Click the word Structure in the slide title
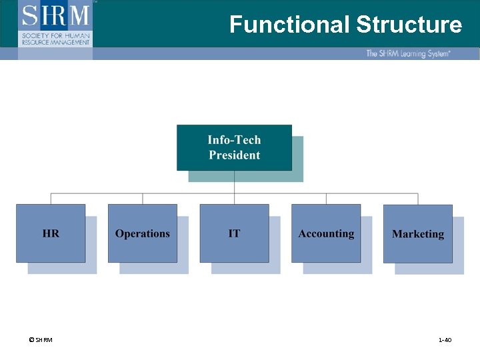pos(409,25)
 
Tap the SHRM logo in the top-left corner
pos(55,15)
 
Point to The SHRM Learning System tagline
pos(407,53)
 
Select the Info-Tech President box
pos(234,147)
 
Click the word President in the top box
pos(234,155)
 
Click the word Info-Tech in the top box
pos(234,140)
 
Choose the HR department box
pos(51,233)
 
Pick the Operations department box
pos(142,233)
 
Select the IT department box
pos(234,233)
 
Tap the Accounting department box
pos(326,233)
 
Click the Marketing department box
pos(418,233)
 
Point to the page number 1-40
pos(445,340)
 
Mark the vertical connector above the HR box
pos(51,199)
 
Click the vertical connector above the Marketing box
pos(418,199)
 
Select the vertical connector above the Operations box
pos(143,199)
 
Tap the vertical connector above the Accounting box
pos(326,199)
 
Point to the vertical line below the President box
pos(234,183)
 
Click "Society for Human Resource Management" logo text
pos(55,38)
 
